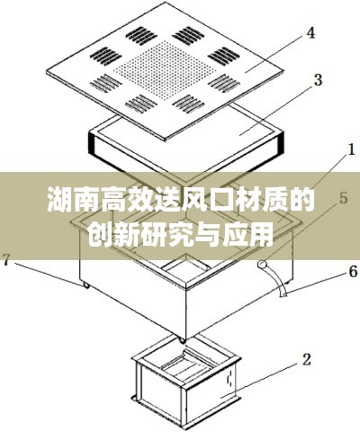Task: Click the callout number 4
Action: click(x=310, y=33)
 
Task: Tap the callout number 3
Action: click(x=317, y=80)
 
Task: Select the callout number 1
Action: click(x=350, y=149)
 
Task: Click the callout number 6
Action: click(x=353, y=272)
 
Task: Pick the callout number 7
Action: click(x=8, y=259)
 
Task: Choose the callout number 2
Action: click(x=306, y=360)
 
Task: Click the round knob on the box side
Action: click(x=262, y=265)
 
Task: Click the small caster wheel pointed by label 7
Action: click(x=86, y=285)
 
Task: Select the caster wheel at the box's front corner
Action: click(x=182, y=340)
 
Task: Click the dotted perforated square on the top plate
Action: click(x=165, y=69)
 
